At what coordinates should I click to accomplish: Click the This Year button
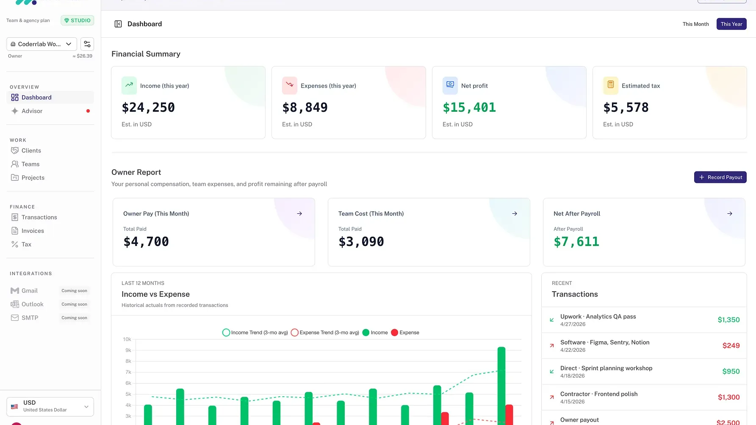[x=731, y=24]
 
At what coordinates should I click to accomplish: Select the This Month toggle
[x=695, y=24]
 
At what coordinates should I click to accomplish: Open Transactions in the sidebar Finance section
[x=39, y=217]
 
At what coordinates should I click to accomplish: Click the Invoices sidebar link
[x=33, y=231]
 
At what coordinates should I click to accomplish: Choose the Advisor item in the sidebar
[x=32, y=111]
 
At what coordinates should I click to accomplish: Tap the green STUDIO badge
[x=78, y=20]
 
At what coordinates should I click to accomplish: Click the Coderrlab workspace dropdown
[x=42, y=44]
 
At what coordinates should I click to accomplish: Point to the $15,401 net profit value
[x=469, y=108]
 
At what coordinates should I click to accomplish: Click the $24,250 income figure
[x=148, y=108]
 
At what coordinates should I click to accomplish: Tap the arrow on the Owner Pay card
[x=299, y=214]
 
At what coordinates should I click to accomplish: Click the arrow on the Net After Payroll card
[x=729, y=214]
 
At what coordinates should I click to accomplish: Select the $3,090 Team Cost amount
[x=361, y=242]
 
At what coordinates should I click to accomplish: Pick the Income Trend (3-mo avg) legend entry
[x=255, y=333]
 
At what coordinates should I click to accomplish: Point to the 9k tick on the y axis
[x=128, y=350]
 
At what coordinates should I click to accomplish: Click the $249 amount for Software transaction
[x=731, y=346]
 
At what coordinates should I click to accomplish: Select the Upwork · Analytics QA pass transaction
[x=598, y=317]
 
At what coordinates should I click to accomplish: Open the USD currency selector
[x=50, y=406]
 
